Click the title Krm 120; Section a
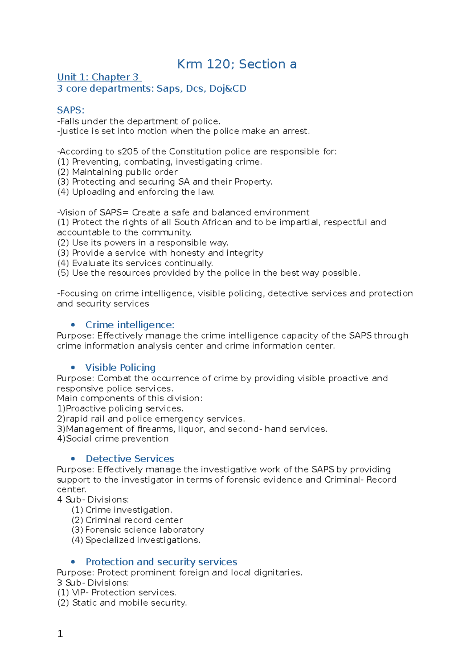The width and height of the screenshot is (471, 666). coord(237,64)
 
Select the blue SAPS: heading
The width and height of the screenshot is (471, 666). coord(71,110)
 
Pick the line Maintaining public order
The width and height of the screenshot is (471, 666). coord(124,172)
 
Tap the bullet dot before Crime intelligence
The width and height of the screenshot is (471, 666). coord(73,325)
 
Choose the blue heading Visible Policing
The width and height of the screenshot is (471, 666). coord(120,368)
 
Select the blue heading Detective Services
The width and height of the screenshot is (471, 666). coord(130,459)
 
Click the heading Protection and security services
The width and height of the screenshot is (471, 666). coord(161,562)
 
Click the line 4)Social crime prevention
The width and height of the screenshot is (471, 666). coord(113,439)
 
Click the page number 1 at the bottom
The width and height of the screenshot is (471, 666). coord(60,634)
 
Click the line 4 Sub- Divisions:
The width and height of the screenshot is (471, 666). coord(93,499)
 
